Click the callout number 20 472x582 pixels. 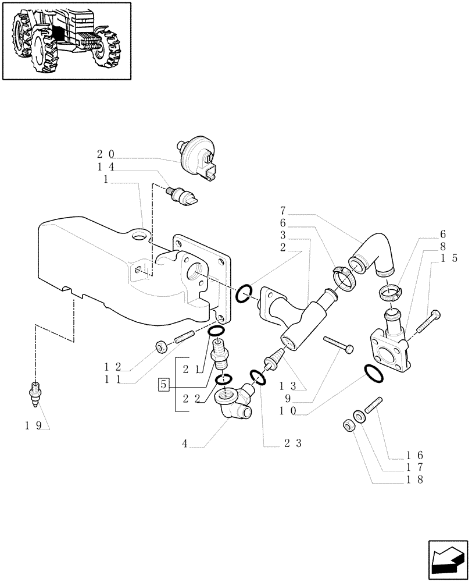point(105,154)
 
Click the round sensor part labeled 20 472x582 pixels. point(197,158)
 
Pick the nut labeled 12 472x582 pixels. point(160,347)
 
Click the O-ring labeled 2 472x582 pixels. point(244,293)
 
